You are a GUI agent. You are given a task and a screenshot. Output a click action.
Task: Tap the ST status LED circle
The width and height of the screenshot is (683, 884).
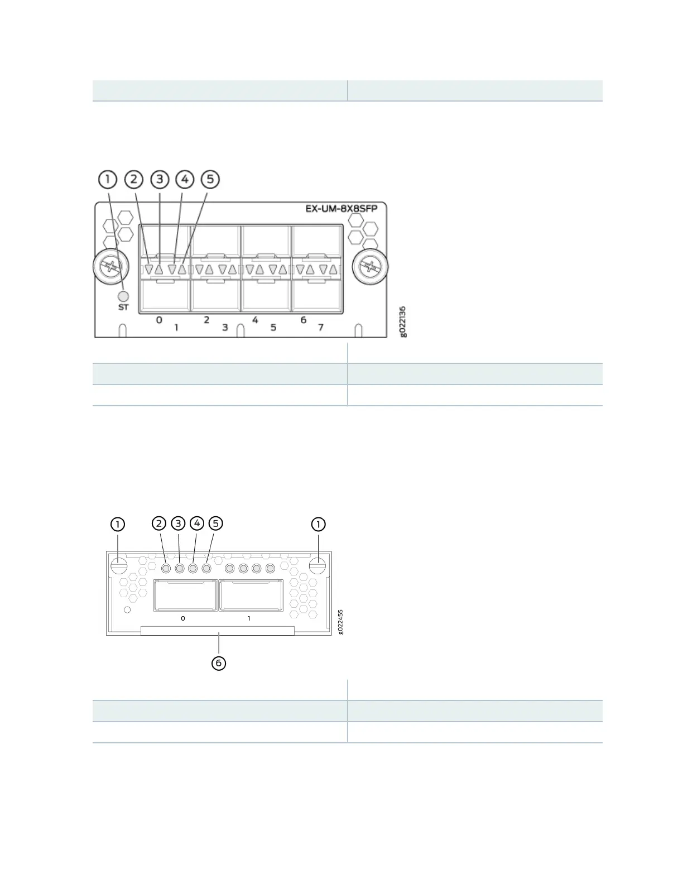click(124, 296)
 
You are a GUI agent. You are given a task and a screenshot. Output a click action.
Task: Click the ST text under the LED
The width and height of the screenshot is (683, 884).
click(123, 308)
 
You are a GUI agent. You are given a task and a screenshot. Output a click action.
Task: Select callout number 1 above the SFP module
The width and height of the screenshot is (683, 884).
click(108, 179)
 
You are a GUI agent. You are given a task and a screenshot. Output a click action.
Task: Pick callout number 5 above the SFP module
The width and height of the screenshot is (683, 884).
click(210, 179)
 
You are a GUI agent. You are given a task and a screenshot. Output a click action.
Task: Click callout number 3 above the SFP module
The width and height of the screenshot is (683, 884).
click(160, 179)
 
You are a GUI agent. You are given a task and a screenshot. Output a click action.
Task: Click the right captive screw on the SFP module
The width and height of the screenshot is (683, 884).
click(371, 267)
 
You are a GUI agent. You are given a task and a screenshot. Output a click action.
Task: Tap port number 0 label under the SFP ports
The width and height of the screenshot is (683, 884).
click(159, 320)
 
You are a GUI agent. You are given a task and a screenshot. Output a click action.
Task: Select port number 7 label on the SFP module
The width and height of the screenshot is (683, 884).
click(321, 328)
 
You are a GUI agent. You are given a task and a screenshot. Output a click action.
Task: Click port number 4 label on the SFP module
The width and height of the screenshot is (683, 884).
click(255, 320)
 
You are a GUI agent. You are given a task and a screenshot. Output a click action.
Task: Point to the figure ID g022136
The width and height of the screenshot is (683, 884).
click(403, 322)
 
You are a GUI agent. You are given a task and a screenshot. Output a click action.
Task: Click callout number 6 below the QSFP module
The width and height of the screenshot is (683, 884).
click(219, 663)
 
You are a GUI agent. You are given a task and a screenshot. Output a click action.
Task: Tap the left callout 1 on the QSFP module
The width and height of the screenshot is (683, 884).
click(118, 524)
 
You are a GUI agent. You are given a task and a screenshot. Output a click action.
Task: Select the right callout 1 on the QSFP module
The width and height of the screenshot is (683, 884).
click(319, 524)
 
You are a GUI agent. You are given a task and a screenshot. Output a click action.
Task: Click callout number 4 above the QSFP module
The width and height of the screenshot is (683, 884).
click(197, 523)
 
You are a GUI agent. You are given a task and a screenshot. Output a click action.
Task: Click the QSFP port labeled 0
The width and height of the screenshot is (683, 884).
click(185, 595)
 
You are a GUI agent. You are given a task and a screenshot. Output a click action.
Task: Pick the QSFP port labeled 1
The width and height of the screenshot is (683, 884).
click(251, 595)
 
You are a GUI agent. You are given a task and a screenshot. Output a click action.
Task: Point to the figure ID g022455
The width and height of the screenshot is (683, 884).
click(341, 621)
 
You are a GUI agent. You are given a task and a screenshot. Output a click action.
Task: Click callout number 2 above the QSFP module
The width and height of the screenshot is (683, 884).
click(160, 523)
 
